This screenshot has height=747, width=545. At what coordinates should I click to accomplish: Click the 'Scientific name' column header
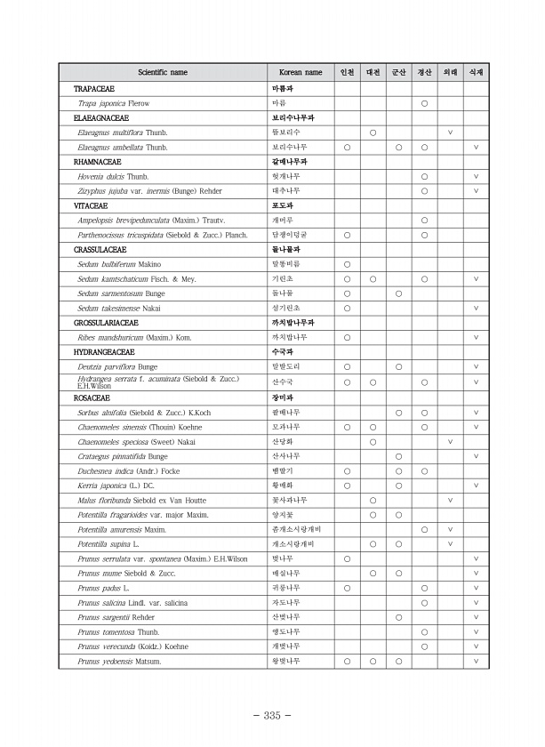coord(162,72)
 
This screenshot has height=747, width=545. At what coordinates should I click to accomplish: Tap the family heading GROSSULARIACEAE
coord(105,323)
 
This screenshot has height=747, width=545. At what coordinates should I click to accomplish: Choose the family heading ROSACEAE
coord(88,398)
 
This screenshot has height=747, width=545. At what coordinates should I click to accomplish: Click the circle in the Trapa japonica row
coord(424,103)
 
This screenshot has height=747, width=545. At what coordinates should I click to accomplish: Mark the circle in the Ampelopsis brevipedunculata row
coord(424,220)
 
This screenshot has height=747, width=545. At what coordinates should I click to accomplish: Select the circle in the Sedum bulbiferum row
coord(347,264)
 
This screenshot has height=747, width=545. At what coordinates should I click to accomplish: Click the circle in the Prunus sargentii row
coord(398,617)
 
